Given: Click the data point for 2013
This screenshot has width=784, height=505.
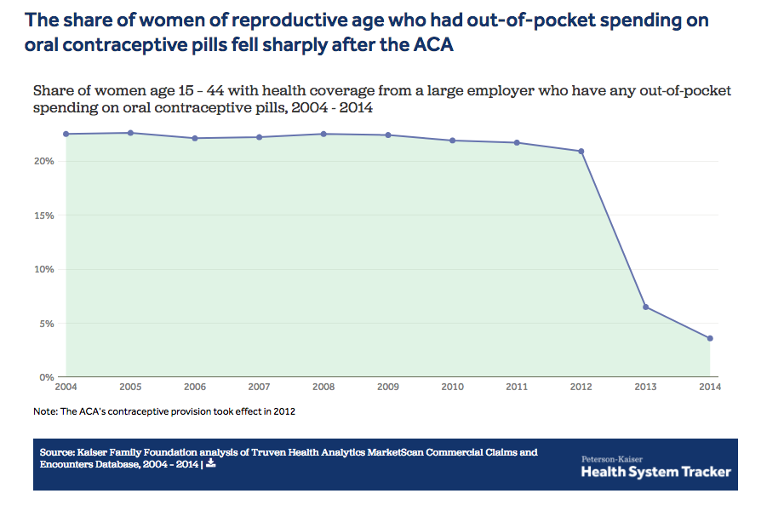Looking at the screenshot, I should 645,307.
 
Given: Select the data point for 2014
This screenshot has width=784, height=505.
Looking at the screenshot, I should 710,338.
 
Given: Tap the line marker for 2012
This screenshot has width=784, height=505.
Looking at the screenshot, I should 581,152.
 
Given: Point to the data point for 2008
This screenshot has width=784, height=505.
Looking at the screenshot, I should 323,134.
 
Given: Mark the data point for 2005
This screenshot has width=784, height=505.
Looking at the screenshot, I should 130,133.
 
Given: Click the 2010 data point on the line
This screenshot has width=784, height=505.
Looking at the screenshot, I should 452,141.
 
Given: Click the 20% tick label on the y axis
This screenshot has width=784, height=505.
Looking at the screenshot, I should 44,162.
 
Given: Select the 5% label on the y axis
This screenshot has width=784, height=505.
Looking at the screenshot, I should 47,324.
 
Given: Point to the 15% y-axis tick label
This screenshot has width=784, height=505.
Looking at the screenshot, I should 44,215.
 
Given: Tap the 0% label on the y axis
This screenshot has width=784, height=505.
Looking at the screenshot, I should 47,376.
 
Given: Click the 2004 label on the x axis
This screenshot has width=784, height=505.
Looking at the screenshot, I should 66,387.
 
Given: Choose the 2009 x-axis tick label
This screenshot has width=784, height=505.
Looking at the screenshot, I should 387,387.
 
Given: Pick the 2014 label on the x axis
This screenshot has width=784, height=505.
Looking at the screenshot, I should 709,387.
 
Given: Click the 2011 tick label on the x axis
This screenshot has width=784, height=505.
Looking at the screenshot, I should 517,387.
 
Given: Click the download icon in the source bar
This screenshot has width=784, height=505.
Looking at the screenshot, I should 210,464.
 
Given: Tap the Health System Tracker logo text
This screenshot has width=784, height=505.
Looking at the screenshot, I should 655,472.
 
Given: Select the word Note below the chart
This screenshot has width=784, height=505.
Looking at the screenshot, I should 43,411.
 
